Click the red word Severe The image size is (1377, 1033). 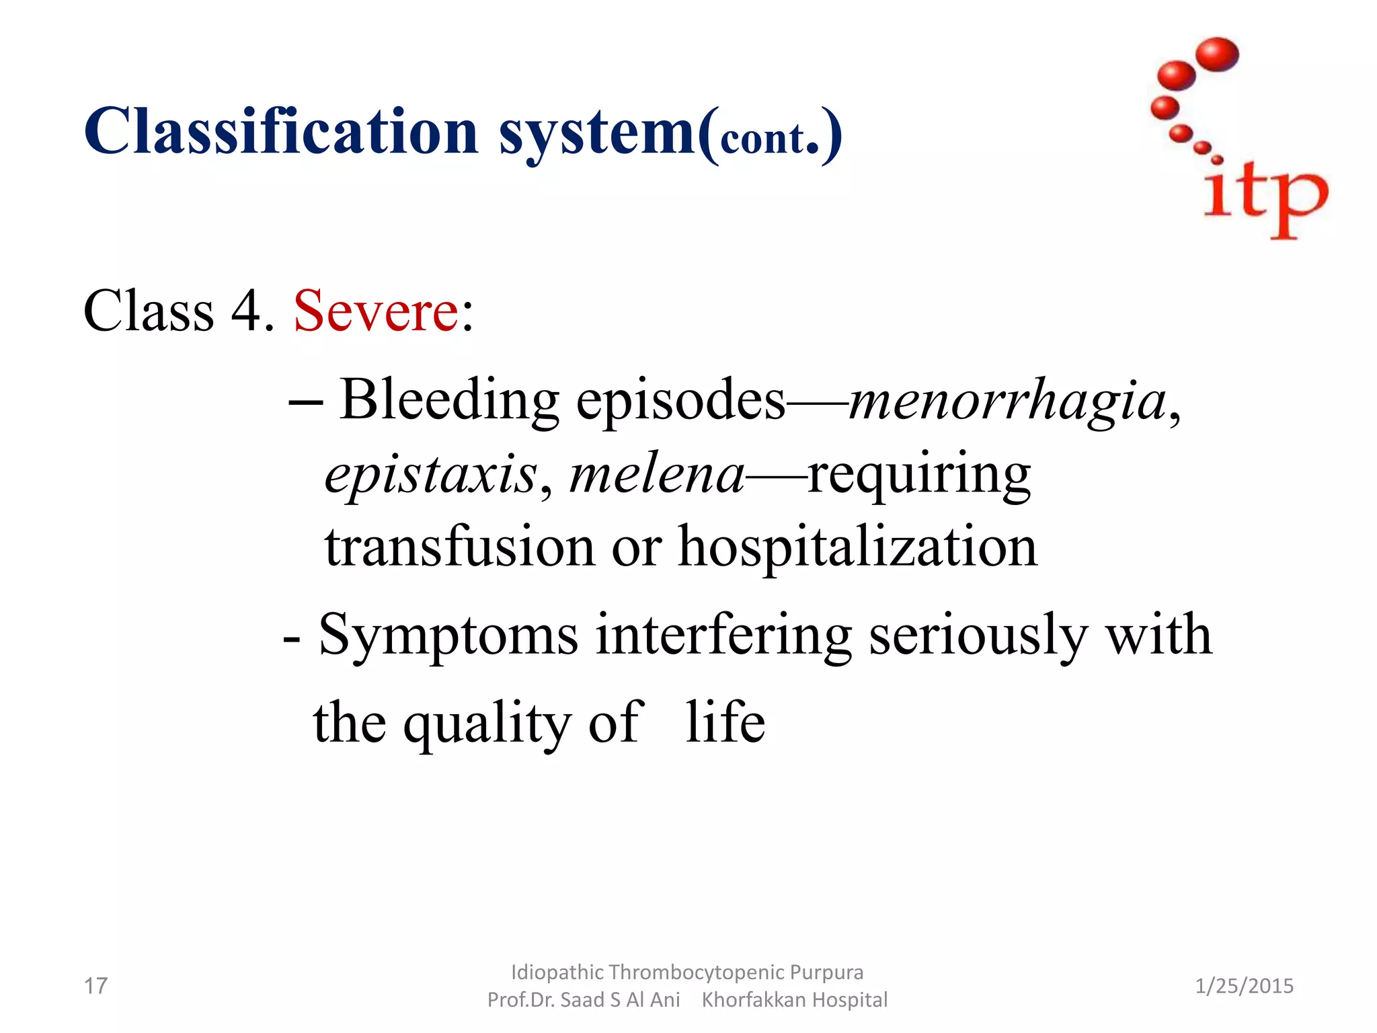tap(376, 311)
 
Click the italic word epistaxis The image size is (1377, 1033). tap(431, 474)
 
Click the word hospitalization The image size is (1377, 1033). tap(857, 546)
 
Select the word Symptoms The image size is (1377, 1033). tap(448, 635)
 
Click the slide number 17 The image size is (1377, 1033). tap(95, 986)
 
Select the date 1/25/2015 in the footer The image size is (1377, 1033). tap(1244, 986)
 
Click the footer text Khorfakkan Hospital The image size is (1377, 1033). tap(794, 1000)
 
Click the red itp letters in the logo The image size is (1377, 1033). tap(1264, 196)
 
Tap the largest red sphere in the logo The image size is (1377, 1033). tap(1218, 54)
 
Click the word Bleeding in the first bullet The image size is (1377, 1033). tap(448, 400)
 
